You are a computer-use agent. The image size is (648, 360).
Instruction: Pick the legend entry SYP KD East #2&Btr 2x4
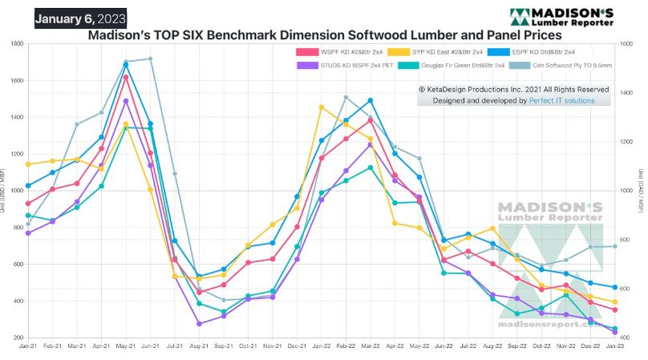click(x=435, y=52)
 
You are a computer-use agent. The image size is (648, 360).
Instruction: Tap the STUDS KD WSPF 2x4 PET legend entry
click(x=340, y=66)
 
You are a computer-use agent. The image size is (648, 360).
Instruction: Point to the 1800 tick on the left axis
click(x=16, y=43)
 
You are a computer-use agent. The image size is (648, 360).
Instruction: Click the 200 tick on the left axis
click(x=18, y=338)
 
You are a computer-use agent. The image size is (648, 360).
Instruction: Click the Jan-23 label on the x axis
click(x=615, y=345)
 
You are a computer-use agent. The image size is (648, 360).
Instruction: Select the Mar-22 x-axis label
click(x=371, y=345)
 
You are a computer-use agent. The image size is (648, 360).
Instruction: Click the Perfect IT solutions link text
click(x=561, y=101)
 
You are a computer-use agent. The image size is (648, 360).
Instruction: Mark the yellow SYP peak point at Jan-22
click(x=322, y=107)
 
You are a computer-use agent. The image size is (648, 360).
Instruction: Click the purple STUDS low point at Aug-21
click(x=199, y=324)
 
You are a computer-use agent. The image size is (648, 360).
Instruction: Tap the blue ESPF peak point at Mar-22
click(x=371, y=100)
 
